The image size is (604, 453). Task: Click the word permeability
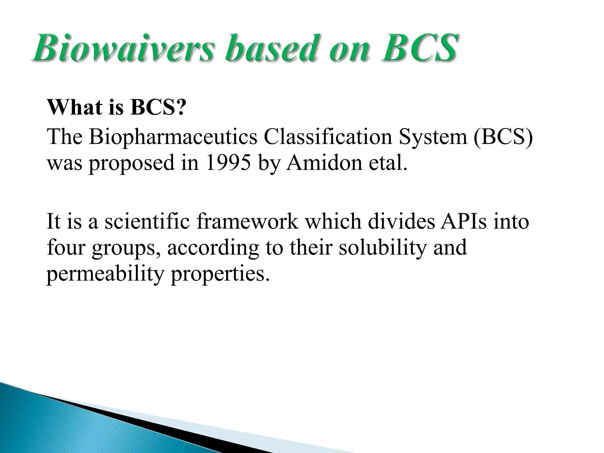click(x=105, y=274)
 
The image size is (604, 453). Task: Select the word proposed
click(x=132, y=163)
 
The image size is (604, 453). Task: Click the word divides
click(x=401, y=221)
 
